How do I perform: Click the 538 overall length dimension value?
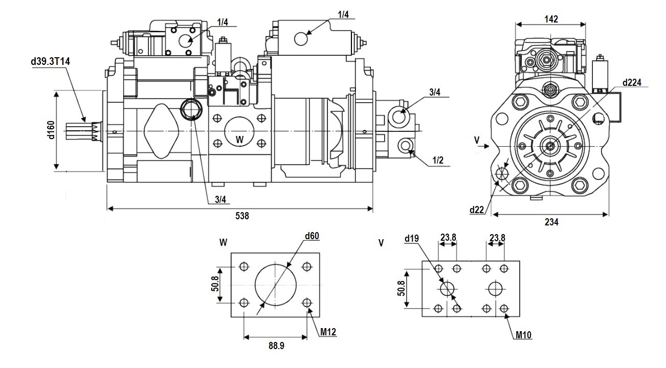242,216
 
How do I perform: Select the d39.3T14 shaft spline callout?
51,61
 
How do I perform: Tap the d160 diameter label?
51,130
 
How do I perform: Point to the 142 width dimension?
551,19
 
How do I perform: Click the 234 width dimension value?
551,222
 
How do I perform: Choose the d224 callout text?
632,83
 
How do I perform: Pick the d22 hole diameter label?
477,210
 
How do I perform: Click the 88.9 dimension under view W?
276,346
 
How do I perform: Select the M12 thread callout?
328,332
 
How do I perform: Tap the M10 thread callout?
523,335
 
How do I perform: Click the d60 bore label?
312,236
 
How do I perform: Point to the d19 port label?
411,238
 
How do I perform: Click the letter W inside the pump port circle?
239,140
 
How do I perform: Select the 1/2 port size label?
438,160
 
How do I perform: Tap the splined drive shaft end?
83,131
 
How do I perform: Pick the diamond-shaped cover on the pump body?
161,131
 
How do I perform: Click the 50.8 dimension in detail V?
401,288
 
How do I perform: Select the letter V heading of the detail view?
381,243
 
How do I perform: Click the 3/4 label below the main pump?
220,200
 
